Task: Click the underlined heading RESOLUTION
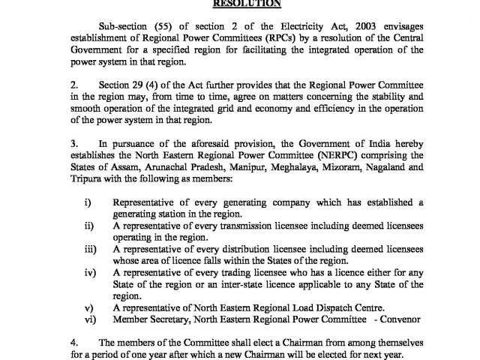239,4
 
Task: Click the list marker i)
87,202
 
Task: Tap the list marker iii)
88,247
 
